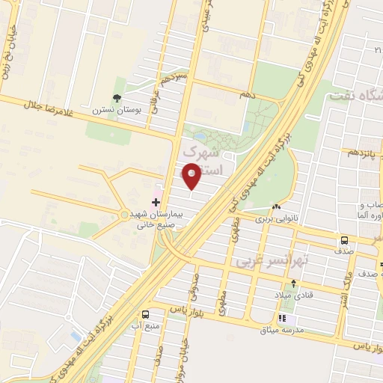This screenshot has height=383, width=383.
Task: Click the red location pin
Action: (191, 176)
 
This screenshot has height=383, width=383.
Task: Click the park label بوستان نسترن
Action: (116, 110)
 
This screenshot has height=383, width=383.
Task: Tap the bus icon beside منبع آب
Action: (144, 315)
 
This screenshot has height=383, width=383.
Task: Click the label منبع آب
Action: (145, 326)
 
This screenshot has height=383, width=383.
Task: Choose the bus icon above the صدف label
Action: (344, 241)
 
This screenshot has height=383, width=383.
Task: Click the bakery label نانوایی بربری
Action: (276, 219)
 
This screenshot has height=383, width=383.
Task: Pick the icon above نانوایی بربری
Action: (277, 207)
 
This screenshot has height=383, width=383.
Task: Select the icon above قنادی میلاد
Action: (293, 284)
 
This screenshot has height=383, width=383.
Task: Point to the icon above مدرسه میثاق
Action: (281, 318)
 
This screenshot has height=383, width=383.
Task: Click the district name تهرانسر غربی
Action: (263, 263)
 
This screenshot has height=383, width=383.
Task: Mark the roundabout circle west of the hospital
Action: (124, 215)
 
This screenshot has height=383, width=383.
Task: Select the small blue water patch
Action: (75, 336)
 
